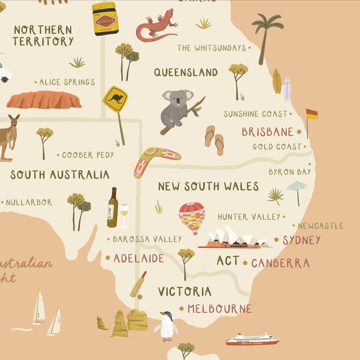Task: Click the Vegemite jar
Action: click(x=105, y=19)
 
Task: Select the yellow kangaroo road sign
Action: click(x=115, y=100)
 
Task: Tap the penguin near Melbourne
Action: click(x=167, y=326)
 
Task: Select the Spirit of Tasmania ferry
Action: click(x=252, y=340)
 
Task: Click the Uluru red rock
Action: click(x=44, y=100)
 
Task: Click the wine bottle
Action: click(x=112, y=208)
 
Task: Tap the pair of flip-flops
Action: click(x=214, y=140)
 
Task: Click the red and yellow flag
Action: click(x=311, y=114)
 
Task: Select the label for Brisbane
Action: click(x=268, y=132)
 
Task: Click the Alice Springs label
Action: click(x=67, y=82)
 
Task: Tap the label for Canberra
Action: click(x=280, y=263)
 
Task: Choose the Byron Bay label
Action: click(x=290, y=172)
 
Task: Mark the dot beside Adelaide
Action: click(x=108, y=258)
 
